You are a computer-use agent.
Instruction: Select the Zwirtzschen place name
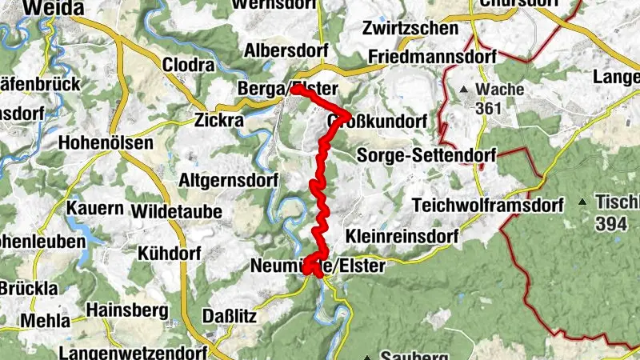(x=410, y=29)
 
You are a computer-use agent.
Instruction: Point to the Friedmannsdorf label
(x=433, y=57)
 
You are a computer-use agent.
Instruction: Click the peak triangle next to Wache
(x=464, y=90)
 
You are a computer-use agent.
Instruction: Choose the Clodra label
(x=189, y=64)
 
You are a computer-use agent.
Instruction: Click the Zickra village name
(x=219, y=122)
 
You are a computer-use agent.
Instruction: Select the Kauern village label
(x=95, y=209)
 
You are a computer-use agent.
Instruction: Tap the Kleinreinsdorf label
(x=402, y=237)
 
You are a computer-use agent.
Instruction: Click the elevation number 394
(x=611, y=224)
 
